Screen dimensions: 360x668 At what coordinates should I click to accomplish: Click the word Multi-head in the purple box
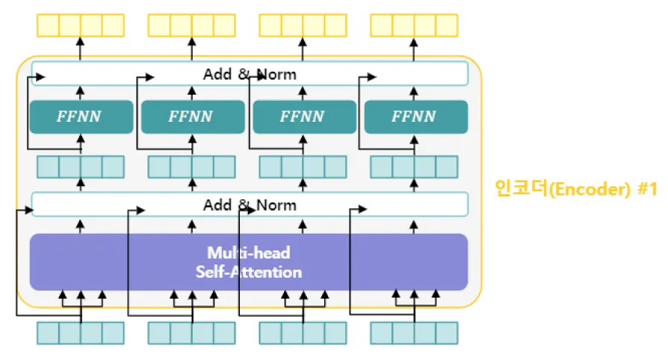point(248,253)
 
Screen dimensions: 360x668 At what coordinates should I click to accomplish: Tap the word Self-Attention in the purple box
point(248,272)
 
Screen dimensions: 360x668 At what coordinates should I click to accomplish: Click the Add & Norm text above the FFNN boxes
point(250,74)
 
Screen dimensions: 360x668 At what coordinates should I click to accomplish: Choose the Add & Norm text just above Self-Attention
point(250,205)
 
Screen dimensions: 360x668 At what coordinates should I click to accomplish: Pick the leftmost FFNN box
point(81,117)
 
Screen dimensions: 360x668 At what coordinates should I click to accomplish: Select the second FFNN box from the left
point(193,117)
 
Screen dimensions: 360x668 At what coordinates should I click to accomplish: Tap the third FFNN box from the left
point(304,117)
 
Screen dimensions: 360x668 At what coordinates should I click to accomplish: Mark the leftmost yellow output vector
point(81,25)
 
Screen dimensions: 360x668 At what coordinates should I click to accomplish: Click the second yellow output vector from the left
point(192,25)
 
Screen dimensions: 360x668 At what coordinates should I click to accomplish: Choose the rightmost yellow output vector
point(415,25)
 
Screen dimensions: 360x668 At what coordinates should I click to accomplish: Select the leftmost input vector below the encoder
point(81,332)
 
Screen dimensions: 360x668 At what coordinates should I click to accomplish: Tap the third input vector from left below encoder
point(303,332)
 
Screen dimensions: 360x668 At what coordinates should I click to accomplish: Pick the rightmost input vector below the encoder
point(415,332)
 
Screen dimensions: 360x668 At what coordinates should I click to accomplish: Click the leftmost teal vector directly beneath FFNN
point(81,166)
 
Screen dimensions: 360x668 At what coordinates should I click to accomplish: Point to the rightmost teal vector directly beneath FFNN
point(415,166)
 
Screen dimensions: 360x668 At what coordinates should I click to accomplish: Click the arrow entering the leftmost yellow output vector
point(81,47)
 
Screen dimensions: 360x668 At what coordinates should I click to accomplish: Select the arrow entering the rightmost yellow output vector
point(415,47)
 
